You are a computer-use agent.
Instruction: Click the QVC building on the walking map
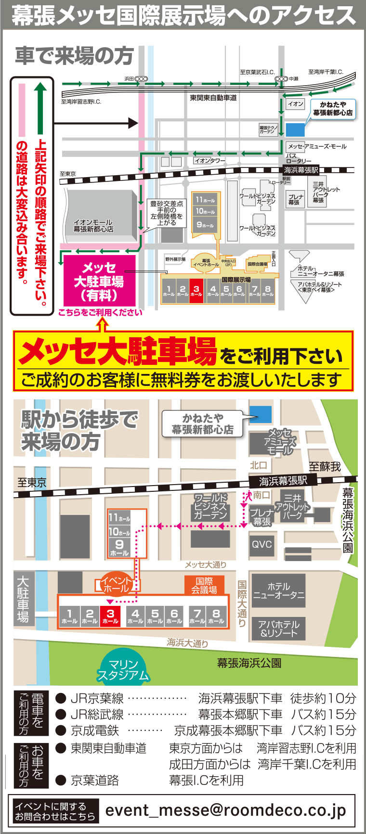(262, 544)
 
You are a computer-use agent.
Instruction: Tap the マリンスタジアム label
(124, 670)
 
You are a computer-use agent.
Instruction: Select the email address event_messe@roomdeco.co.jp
(225, 810)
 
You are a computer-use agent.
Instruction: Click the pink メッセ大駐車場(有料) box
(99, 282)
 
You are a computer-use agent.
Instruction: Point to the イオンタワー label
(209, 161)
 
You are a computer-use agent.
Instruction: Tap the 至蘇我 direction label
(325, 466)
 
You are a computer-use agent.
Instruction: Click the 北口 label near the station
(259, 465)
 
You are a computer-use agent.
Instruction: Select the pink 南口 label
(261, 495)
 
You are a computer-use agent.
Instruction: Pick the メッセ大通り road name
(205, 565)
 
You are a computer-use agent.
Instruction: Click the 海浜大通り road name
(187, 642)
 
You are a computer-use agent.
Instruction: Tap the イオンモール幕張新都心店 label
(93, 226)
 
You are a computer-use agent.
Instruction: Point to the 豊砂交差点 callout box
(167, 213)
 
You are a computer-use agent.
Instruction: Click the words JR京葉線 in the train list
(97, 698)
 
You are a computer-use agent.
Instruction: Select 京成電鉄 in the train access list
(95, 731)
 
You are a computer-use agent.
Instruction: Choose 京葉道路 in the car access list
(95, 780)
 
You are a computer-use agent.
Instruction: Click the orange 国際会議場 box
(204, 585)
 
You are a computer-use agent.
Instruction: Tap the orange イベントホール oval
(116, 584)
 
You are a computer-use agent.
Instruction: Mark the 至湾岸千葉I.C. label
(326, 72)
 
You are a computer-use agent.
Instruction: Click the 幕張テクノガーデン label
(268, 129)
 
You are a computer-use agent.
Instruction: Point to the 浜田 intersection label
(129, 78)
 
